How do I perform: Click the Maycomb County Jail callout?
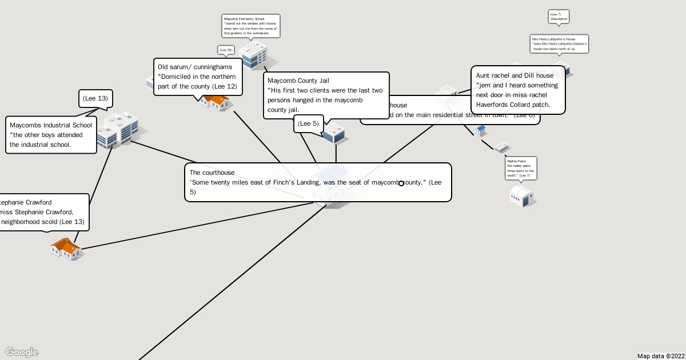coord(326,95)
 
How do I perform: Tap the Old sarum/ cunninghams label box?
coord(198,77)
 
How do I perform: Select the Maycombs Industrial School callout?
coord(51,135)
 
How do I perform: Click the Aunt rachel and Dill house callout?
coord(518,90)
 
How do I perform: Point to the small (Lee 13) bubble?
coord(95,98)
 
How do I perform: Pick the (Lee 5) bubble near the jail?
coord(309,123)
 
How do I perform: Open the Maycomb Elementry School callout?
coord(251,26)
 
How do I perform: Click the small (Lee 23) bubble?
coord(226,50)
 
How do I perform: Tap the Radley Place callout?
coord(521,167)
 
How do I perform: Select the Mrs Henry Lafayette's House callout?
coord(559,43)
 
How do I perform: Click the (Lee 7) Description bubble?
coord(559,17)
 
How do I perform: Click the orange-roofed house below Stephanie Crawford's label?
coord(66,249)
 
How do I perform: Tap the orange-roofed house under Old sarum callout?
coord(216,102)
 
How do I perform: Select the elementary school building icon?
coord(254,55)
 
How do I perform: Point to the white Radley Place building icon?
coord(522,196)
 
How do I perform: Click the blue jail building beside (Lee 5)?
coord(334,134)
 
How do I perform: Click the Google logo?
coord(22,352)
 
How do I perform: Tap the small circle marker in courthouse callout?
coord(401,183)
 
